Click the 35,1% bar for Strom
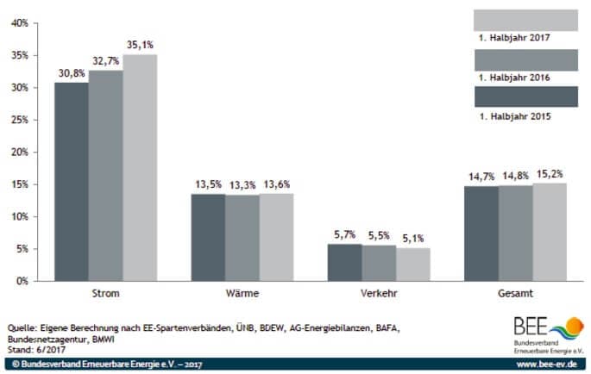[x=140, y=168]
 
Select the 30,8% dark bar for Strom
[x=72, y=182]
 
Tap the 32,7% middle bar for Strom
[x=105, y=176]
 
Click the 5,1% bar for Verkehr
[x=412, y=265]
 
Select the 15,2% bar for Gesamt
[x=549, y=232]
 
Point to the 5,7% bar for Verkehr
[x=344, y=263]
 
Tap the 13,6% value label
[x=276, y=185]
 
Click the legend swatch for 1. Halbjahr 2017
[x=525, y=20]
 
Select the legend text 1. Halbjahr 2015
[x=513, y=115]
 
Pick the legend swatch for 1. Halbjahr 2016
[x=525, y=59]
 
